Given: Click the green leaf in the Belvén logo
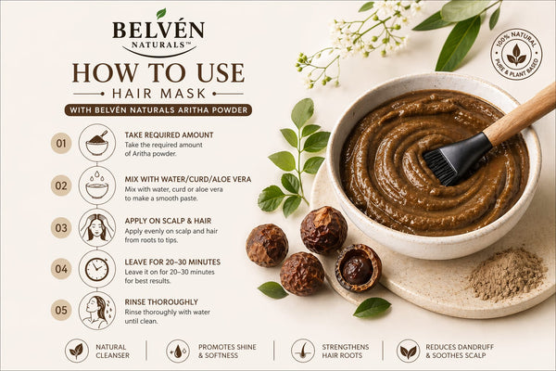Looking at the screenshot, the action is click(161, 13).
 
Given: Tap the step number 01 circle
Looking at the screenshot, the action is click(61, 144).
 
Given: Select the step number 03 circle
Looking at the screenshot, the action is click(61, 227).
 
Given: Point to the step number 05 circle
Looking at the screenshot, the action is click(61, 311).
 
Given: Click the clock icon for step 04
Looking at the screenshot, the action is click(96, 269).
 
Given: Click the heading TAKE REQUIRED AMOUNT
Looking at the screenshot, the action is click(169, 134).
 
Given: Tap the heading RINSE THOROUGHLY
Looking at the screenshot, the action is click(161, 302).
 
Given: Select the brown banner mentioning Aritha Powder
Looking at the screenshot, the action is click(158, 110).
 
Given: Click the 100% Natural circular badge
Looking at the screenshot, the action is click(516, 54).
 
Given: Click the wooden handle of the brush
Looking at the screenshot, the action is click(521, 113).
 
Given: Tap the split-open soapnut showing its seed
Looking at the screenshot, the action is click(358, 268).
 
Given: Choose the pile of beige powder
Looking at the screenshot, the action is click(507, 274).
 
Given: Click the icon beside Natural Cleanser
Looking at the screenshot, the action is click(77, 351).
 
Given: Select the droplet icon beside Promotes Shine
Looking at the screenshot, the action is click(178, 351).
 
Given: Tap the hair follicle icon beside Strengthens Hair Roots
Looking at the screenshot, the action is click(303, 351).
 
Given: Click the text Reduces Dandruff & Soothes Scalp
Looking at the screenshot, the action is click(460, 352).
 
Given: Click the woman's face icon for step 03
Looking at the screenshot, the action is click(96, 227).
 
